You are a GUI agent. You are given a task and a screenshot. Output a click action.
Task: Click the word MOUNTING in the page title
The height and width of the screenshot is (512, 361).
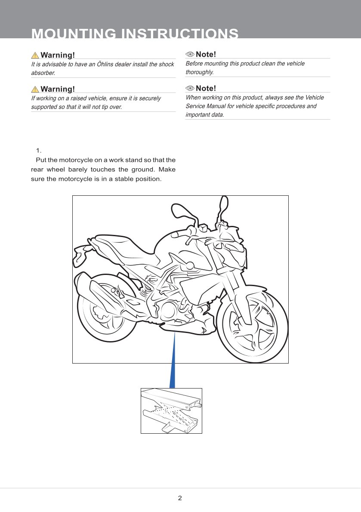(74, 34)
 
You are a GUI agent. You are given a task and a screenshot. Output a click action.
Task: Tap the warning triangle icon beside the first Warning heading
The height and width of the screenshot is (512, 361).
(35, 55)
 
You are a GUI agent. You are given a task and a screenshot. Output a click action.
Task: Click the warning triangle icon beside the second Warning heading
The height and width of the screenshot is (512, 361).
(35, 89)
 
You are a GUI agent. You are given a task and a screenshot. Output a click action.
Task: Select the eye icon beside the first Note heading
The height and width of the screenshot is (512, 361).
(190, 54)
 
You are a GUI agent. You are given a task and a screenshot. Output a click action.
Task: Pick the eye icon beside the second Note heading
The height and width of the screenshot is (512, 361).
(190, 88)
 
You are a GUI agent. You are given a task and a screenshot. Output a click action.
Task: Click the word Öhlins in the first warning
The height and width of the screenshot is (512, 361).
(105, 64)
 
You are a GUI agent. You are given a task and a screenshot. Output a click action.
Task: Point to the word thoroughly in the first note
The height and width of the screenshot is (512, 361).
(199, 72)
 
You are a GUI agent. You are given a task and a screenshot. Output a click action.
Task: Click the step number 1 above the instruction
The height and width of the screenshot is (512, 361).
(39, 151)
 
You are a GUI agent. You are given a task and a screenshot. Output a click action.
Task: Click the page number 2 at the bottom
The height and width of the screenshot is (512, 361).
(180, 498)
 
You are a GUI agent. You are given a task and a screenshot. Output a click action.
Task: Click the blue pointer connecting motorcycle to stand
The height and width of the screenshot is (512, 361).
(173, 360)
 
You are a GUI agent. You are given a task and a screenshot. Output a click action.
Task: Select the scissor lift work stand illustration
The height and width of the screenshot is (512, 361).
(171, 411)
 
